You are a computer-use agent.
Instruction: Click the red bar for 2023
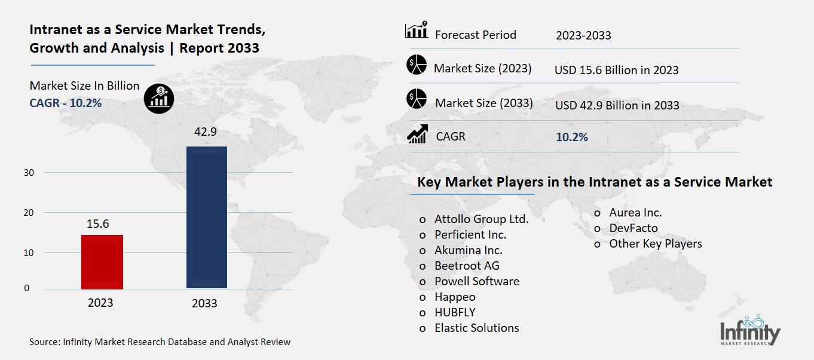click(x=102, y=262)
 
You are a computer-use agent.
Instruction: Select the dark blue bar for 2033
click(x=207, y=217)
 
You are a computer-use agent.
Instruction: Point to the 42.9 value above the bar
click(x=205, y=132)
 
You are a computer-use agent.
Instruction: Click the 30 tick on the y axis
click(x=29, y=173)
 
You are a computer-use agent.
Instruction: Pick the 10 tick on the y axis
click(x=29, y=253)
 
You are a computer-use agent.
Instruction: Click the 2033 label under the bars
click(x=204, y=303)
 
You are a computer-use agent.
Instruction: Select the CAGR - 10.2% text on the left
click(x=66, y=103)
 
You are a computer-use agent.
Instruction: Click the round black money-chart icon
click(x=159, y=98)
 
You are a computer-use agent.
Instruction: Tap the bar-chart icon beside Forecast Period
click(x=416, y=30)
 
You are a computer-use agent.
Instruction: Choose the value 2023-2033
click(x=583, y=35)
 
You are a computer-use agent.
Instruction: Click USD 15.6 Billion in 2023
click(x=616, y=70)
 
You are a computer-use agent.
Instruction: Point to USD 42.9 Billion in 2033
click(x=617, y=105)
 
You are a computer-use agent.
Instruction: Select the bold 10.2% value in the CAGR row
click(x=572, y=137)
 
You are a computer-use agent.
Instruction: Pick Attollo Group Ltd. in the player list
click(x=481, y=219)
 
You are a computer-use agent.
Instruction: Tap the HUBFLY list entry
click(x=455, y=312)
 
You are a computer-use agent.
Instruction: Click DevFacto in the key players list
click(x=633, y=228)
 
